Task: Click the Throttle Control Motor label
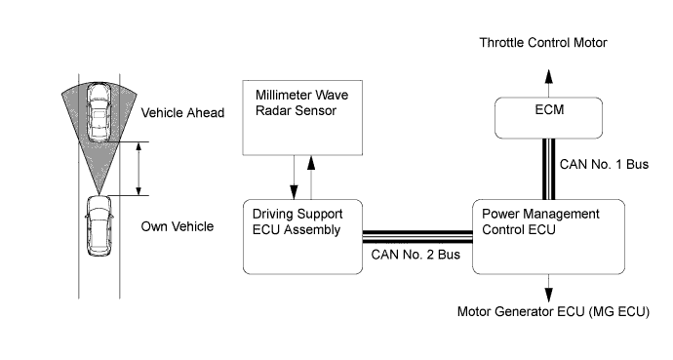point(543,43)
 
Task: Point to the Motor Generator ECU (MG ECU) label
point(553,311)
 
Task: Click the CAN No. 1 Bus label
point(604,164)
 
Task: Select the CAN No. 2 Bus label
point(416,255)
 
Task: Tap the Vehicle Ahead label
point(182,113)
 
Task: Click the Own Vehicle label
point(178,226)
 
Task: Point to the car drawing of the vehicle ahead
point(99,112)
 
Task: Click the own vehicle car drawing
point(99,226)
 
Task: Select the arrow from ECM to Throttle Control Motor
point(548,83)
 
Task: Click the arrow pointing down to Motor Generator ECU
point(548,289)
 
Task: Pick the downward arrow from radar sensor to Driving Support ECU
point(294,178)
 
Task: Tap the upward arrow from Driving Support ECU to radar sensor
point(311,178)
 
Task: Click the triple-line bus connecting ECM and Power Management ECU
point(548,169)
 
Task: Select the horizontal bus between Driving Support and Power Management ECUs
point(417,236)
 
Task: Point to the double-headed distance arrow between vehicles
point(139,169)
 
